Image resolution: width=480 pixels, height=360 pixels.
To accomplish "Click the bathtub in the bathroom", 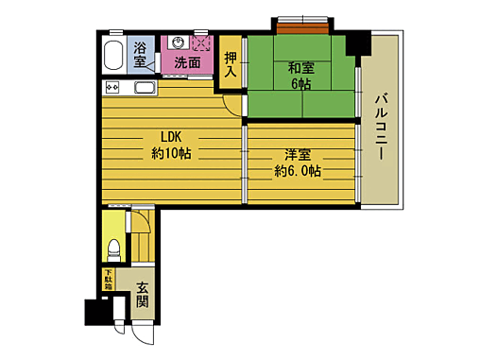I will (x=113, y=56).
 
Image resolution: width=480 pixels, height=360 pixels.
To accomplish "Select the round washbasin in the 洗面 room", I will (x=175, y=42).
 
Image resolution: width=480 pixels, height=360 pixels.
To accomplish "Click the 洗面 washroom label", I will (x=187, y=63).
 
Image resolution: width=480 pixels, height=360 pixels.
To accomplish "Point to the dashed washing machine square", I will (x=201, y=43).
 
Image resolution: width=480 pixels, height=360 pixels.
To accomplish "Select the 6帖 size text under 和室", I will (x=302, y=83).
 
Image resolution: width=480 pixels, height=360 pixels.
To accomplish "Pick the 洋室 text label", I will (x=298, y=153).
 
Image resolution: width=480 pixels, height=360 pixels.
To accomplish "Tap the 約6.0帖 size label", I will (x=298, y=171).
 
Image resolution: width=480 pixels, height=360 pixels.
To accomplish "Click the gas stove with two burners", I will (x=111, y=89).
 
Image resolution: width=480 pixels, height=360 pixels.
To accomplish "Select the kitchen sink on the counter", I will (x=145, y=89).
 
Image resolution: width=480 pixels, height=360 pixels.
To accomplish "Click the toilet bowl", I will (x=113, y=250).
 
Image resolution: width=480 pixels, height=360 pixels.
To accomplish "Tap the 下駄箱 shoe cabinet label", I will (x=108, y=281).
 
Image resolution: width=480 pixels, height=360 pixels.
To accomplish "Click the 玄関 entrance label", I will (x=142, y=295).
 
